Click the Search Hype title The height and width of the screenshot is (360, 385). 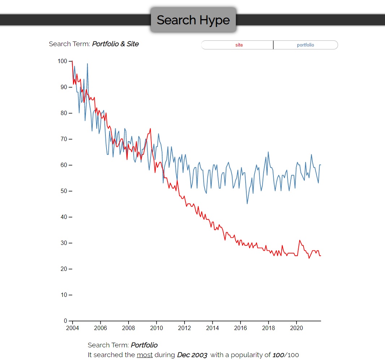pyautogui.click(x=193, y=20)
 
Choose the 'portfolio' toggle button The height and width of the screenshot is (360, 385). pyautogui.click(x=306, y=45)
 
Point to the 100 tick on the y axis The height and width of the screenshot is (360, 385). pyautogui.click(x=62, y=61)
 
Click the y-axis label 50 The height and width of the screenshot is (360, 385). pyautogui.click(x=64, y=191)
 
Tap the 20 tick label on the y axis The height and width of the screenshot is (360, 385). pyautogui.click(x=64, y=269)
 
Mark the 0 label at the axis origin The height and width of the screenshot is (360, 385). pyautogui.click(x=66, y=321)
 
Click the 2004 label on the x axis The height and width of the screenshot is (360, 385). pyautogui.click(x=73, y=328)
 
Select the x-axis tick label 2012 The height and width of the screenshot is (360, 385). pyautogui.click(x=185, y=328)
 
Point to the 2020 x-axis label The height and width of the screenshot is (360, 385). pyautogui.click(x=297, y=328)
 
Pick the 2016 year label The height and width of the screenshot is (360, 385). pyautogui.click(x=241, y=328)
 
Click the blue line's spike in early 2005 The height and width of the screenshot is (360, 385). pyautogui.click(x=87, y=64)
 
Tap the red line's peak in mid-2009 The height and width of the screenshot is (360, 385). pyautogui.click(x=150, y=129)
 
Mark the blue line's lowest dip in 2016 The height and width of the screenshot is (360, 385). pyautogui.click(x=247, y=203)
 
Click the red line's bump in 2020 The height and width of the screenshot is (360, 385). pyautogui.click(x=300, y=241)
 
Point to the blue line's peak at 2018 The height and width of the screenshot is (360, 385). pyautogui.click(x=268, y=152)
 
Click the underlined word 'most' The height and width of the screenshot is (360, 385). pyautogui.click(x=144, y=355)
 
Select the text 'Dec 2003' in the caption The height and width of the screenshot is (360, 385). pyautogui.click(x=192, y=355)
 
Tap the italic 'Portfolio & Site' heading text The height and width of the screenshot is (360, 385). pyautogui.click(x=116, y=44)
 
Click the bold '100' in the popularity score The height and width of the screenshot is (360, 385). pyautogui.click(x=278, y=355)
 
